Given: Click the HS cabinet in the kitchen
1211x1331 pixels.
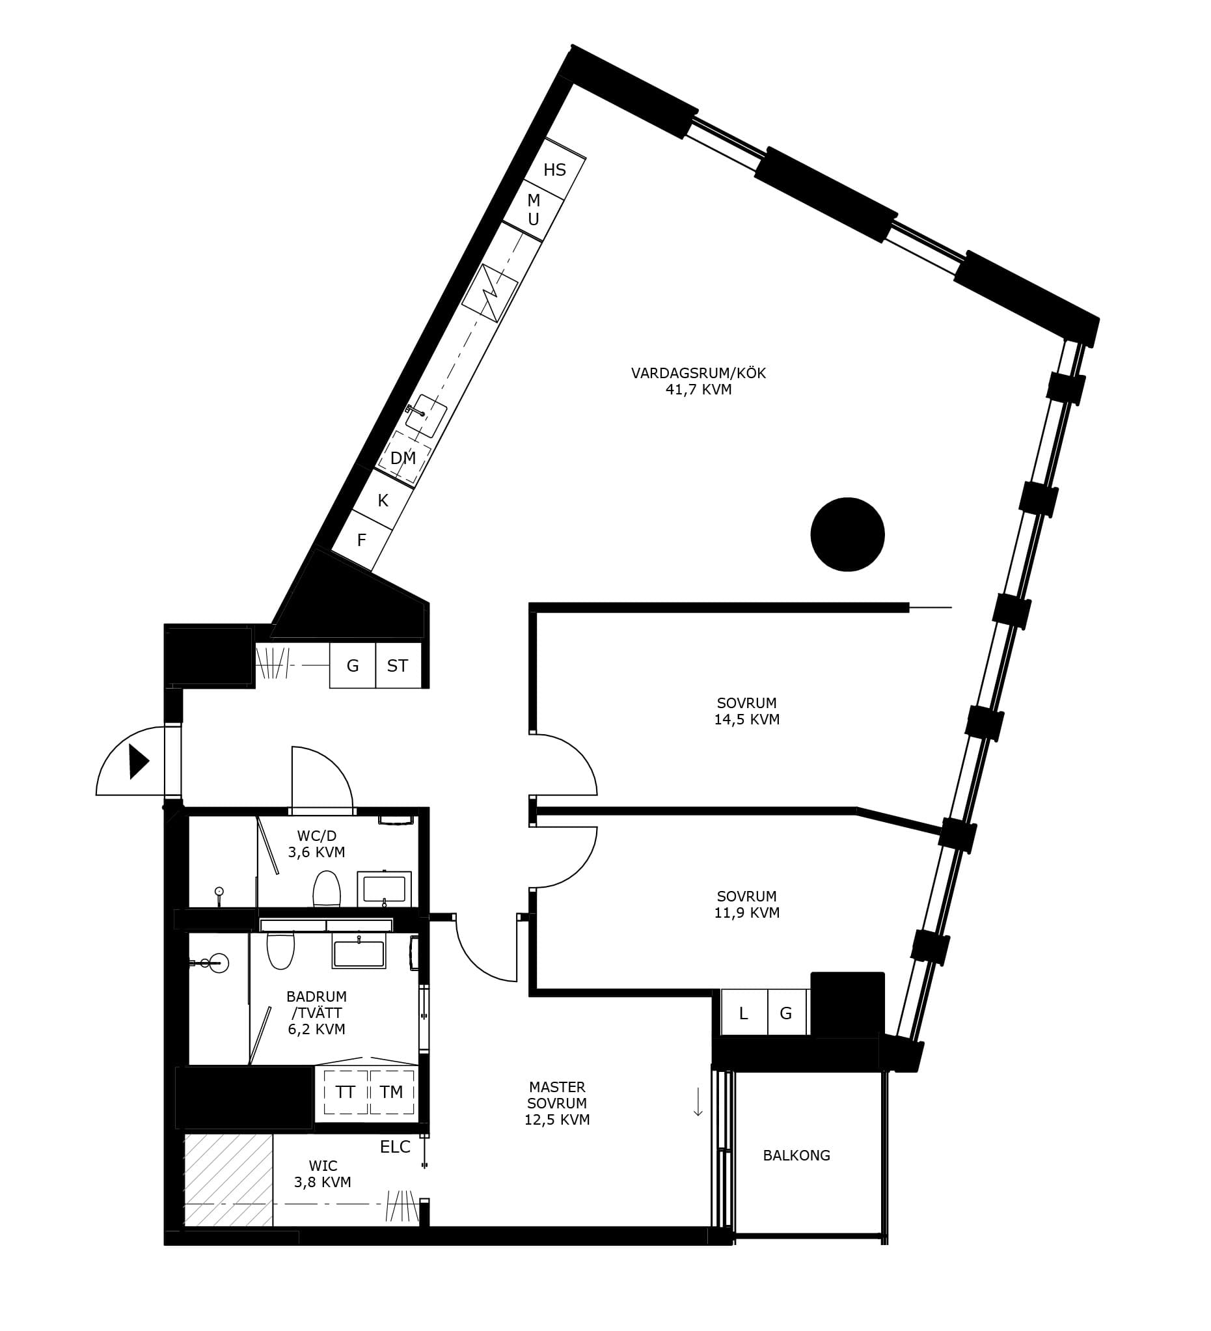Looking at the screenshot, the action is click(555, 169).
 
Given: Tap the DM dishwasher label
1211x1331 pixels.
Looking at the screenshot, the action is click(403, 458).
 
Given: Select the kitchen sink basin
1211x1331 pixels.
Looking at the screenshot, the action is click(426, 416).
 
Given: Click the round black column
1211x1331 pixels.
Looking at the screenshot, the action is click(847, 534).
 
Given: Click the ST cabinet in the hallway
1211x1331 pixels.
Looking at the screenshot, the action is click(398, 665).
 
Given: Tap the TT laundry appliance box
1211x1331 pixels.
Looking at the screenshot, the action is click(345, 1092).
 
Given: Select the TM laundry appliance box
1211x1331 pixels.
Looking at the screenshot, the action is click(392, 1092).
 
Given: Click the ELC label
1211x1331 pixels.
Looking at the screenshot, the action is click(395, 1147).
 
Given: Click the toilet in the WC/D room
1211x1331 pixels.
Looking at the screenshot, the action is click(326, 888).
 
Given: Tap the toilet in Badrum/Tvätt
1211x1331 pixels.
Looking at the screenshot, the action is click(280, 950).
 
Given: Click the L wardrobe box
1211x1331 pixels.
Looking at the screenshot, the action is click(744, 1012).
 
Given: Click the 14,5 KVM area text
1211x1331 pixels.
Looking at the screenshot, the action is click(747, 720).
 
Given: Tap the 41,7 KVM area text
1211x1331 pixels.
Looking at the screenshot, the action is click(699, 389).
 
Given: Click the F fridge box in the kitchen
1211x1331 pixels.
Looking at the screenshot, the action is click(362, 540).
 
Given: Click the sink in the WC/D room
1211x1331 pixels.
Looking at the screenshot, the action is click(384, 888).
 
